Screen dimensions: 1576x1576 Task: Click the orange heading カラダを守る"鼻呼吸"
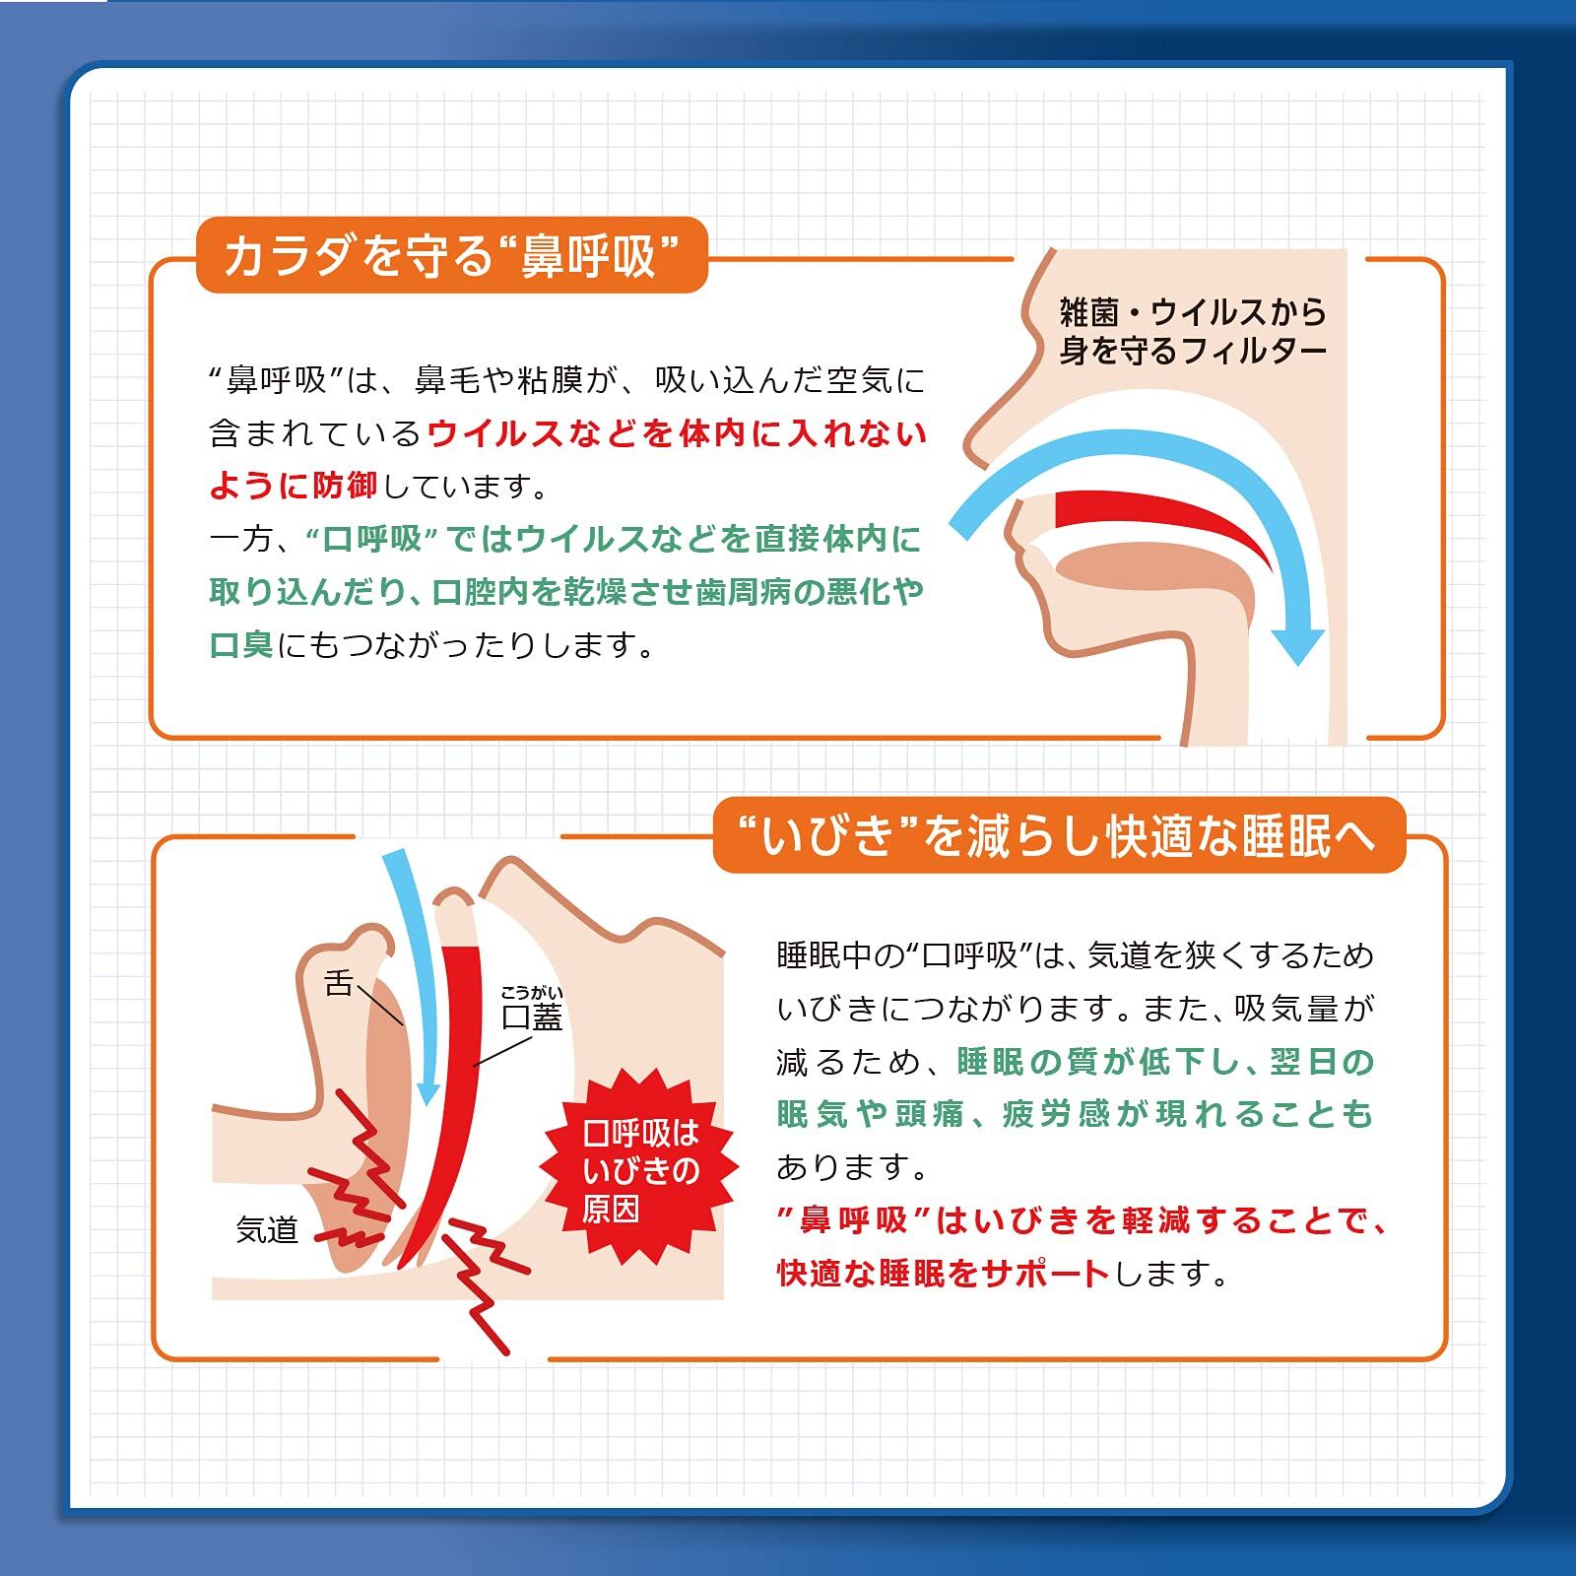pyautogui.click(x=452, y=256)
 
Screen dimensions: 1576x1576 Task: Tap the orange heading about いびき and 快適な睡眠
pyautogui.click(x=1059, y=836)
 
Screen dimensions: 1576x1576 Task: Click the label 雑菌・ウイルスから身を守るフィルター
pyautogui.click(x=1193, y=332)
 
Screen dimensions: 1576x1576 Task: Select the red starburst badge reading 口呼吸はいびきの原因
pyautogui.click(x=640, y=1171)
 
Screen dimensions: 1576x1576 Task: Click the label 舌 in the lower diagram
pyautogui.click(x=338, y=983)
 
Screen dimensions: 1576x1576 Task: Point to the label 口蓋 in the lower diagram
pyautogui.click(x=532, y=1017)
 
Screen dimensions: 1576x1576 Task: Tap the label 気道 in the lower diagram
pyautogui.click(x=266, y=1230)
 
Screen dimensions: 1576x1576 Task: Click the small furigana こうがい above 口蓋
pyautogui.click(x=532, y=993)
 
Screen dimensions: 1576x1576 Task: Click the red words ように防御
pyautogui.click(x=294, y=486)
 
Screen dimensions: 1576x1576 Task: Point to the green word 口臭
pyautogui.click(x=241, y=645)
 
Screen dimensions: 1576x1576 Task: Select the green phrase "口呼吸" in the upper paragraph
pyautogui.click(x=363, y=539)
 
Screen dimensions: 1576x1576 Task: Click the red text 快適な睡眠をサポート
pyautogui.click(x=943, y=1274)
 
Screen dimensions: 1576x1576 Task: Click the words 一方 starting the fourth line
pyautogui.click(x=240, y=540)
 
